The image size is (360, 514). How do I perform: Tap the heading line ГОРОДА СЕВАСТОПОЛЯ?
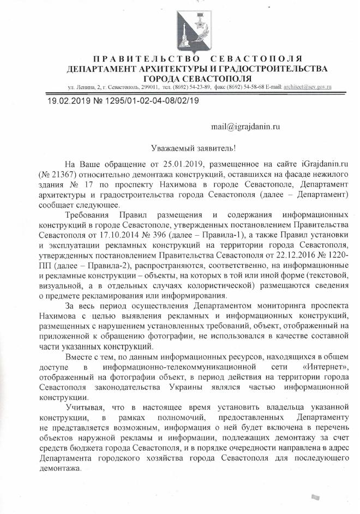[197, 78]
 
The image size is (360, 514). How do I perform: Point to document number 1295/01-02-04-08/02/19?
[129, 101]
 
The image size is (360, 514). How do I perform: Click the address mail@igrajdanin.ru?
[245, 127]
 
